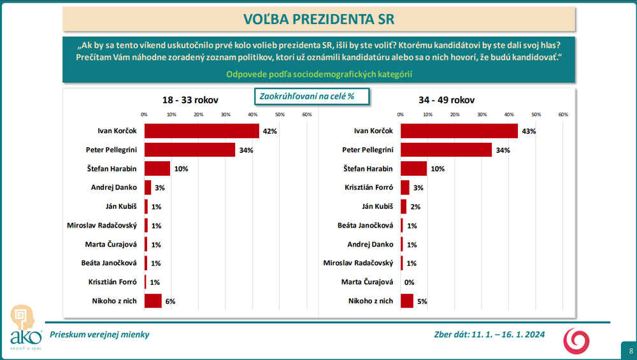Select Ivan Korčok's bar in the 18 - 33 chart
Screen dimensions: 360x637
[x=201, y=131]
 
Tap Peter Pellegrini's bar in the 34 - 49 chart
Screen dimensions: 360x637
[x=446, y=150]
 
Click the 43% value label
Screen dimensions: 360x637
[x=529, y=131]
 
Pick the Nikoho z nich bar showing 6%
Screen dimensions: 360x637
[x=153, y=301]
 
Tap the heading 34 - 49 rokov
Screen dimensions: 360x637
[x=447, y=100]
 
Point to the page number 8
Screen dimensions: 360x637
[x=630, y=351]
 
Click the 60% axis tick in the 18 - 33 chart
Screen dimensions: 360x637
[x=306, y=115]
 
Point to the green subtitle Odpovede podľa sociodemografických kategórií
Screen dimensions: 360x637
[x=319, y=75]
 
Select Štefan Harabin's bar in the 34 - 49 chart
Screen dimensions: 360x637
[x=413, y=169]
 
